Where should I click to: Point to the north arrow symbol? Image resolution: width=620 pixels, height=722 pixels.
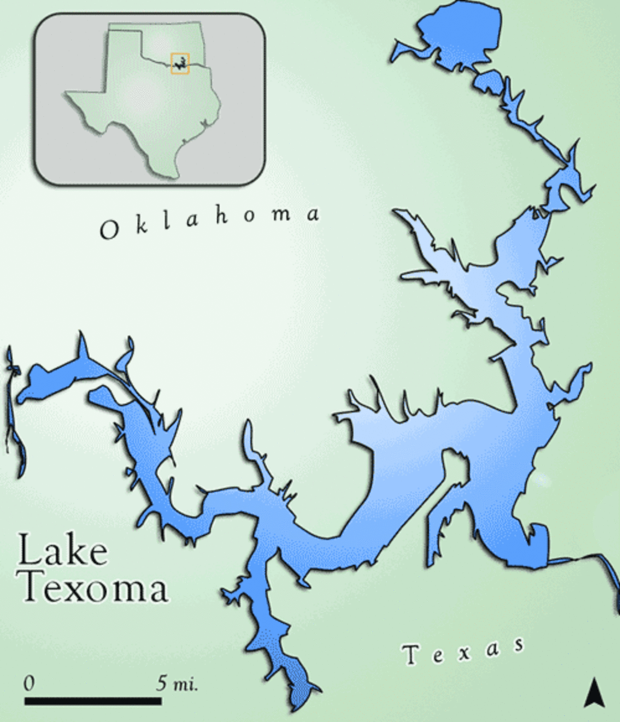click(x=593, y=693)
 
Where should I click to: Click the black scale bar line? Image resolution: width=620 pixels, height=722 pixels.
click(x=93, y=701)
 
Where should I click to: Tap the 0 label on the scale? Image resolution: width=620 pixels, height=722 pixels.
click(x=29, y=683)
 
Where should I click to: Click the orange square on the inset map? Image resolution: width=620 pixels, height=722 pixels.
click(x=180, y=63)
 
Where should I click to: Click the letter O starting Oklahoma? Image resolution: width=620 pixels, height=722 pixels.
click(x=108, y=230)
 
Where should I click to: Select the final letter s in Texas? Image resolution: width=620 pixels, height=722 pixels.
click(x=516, y=646)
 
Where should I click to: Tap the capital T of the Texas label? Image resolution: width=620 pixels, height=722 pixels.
click(x=412, y=654)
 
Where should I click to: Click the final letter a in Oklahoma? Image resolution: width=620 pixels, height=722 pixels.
click(x=312, y=214)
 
